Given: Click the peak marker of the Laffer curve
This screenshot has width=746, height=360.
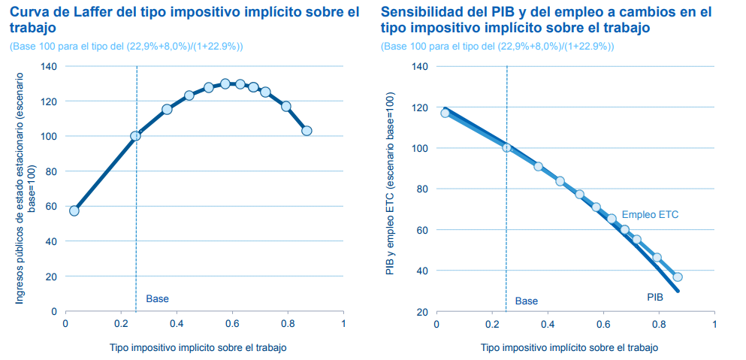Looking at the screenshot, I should (x=225, y=83).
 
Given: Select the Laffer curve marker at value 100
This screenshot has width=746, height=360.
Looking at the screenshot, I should (x=136, y=136).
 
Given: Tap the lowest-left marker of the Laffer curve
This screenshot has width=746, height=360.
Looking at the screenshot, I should (x=74, y=210).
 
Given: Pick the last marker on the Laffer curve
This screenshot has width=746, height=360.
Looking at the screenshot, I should (x=307, y=131).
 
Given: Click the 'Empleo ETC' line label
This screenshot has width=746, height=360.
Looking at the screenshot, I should (x=650, y=215).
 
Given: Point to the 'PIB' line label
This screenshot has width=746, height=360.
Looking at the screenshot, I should (x=655, y=298).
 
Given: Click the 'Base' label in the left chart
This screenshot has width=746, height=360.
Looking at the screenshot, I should (x=157, y=299).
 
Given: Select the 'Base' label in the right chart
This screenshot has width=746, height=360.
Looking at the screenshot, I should (x=527, y=301).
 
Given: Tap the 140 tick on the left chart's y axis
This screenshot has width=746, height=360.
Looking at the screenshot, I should (x=49, y=66).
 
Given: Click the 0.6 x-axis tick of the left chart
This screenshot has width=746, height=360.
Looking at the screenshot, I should (x=232, y=324).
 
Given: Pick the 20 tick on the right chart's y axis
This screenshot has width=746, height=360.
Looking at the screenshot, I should (x=423, y=311).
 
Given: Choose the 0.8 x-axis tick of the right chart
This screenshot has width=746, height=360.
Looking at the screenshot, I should (x=659, y=324).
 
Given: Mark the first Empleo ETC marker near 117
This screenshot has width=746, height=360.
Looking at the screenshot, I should (x=445, y=113).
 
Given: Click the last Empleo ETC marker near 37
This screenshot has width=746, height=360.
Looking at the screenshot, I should (x=678, y=277).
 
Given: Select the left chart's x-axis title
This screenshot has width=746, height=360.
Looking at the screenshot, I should (x=198, y=348).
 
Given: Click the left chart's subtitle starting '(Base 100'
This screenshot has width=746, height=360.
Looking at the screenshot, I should (x=126, y=47).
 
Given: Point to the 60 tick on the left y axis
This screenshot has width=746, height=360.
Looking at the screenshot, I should (x=51, y=206).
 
